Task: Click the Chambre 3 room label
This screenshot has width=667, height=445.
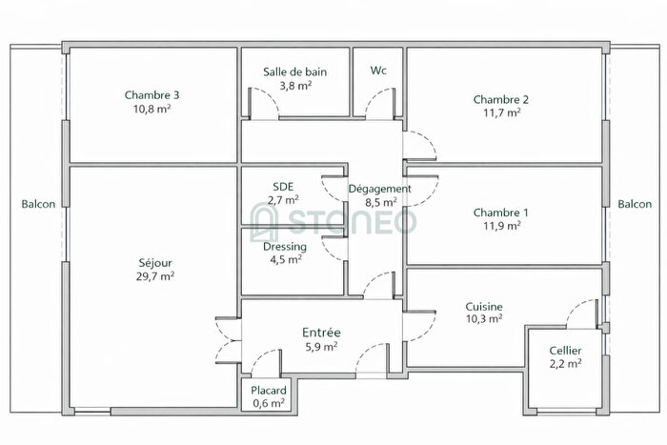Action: [152, 94]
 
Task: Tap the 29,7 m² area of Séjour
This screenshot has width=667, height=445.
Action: [154, 276]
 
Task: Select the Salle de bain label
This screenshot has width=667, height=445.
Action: [295, 71]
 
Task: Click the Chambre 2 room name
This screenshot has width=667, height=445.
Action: [501, 99]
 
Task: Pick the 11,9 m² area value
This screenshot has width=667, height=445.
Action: [501, 226]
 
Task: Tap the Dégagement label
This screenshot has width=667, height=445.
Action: [380, 189]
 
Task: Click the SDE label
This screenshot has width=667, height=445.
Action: [283, 187]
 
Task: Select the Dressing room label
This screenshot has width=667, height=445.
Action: [284, 246]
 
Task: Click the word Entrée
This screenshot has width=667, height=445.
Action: [322, 333]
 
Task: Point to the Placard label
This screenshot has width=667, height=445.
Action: [269, 391]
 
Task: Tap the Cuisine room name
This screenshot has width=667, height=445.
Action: [484, 306]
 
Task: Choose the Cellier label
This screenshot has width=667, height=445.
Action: [566, 352]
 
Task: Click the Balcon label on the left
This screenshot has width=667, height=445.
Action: [38, 204]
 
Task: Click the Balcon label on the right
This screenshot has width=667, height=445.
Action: [635, 204]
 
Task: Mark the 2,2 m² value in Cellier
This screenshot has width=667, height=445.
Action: [566, 365]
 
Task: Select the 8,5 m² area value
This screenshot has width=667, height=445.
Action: [381, 202]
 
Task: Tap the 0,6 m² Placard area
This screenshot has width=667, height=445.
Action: [269, 403]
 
